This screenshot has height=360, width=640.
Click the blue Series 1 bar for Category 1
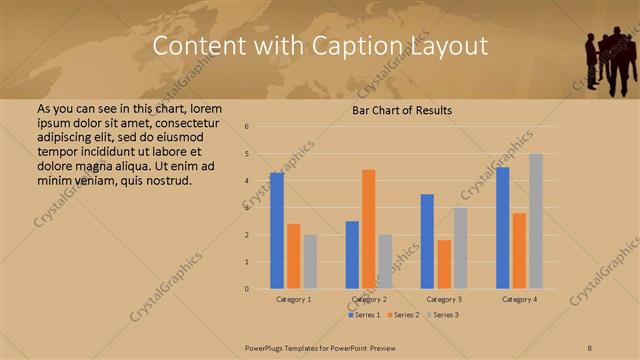(277, 231)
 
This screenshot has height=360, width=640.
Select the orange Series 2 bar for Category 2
(368, 229)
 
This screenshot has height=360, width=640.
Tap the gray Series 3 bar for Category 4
(536, 221)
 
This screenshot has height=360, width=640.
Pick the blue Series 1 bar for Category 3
(427, 241)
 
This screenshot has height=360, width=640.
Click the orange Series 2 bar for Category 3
(444, 264)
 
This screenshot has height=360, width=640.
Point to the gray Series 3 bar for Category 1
(310, 262)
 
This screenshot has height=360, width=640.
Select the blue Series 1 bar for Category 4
(503, 228)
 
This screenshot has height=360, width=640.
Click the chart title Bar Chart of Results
(401, 110)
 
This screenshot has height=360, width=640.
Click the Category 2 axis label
(368, 299)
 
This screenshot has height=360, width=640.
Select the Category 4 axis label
(519, 299)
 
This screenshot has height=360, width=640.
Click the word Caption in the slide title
(364, 46)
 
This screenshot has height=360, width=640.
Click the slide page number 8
(590, 347)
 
